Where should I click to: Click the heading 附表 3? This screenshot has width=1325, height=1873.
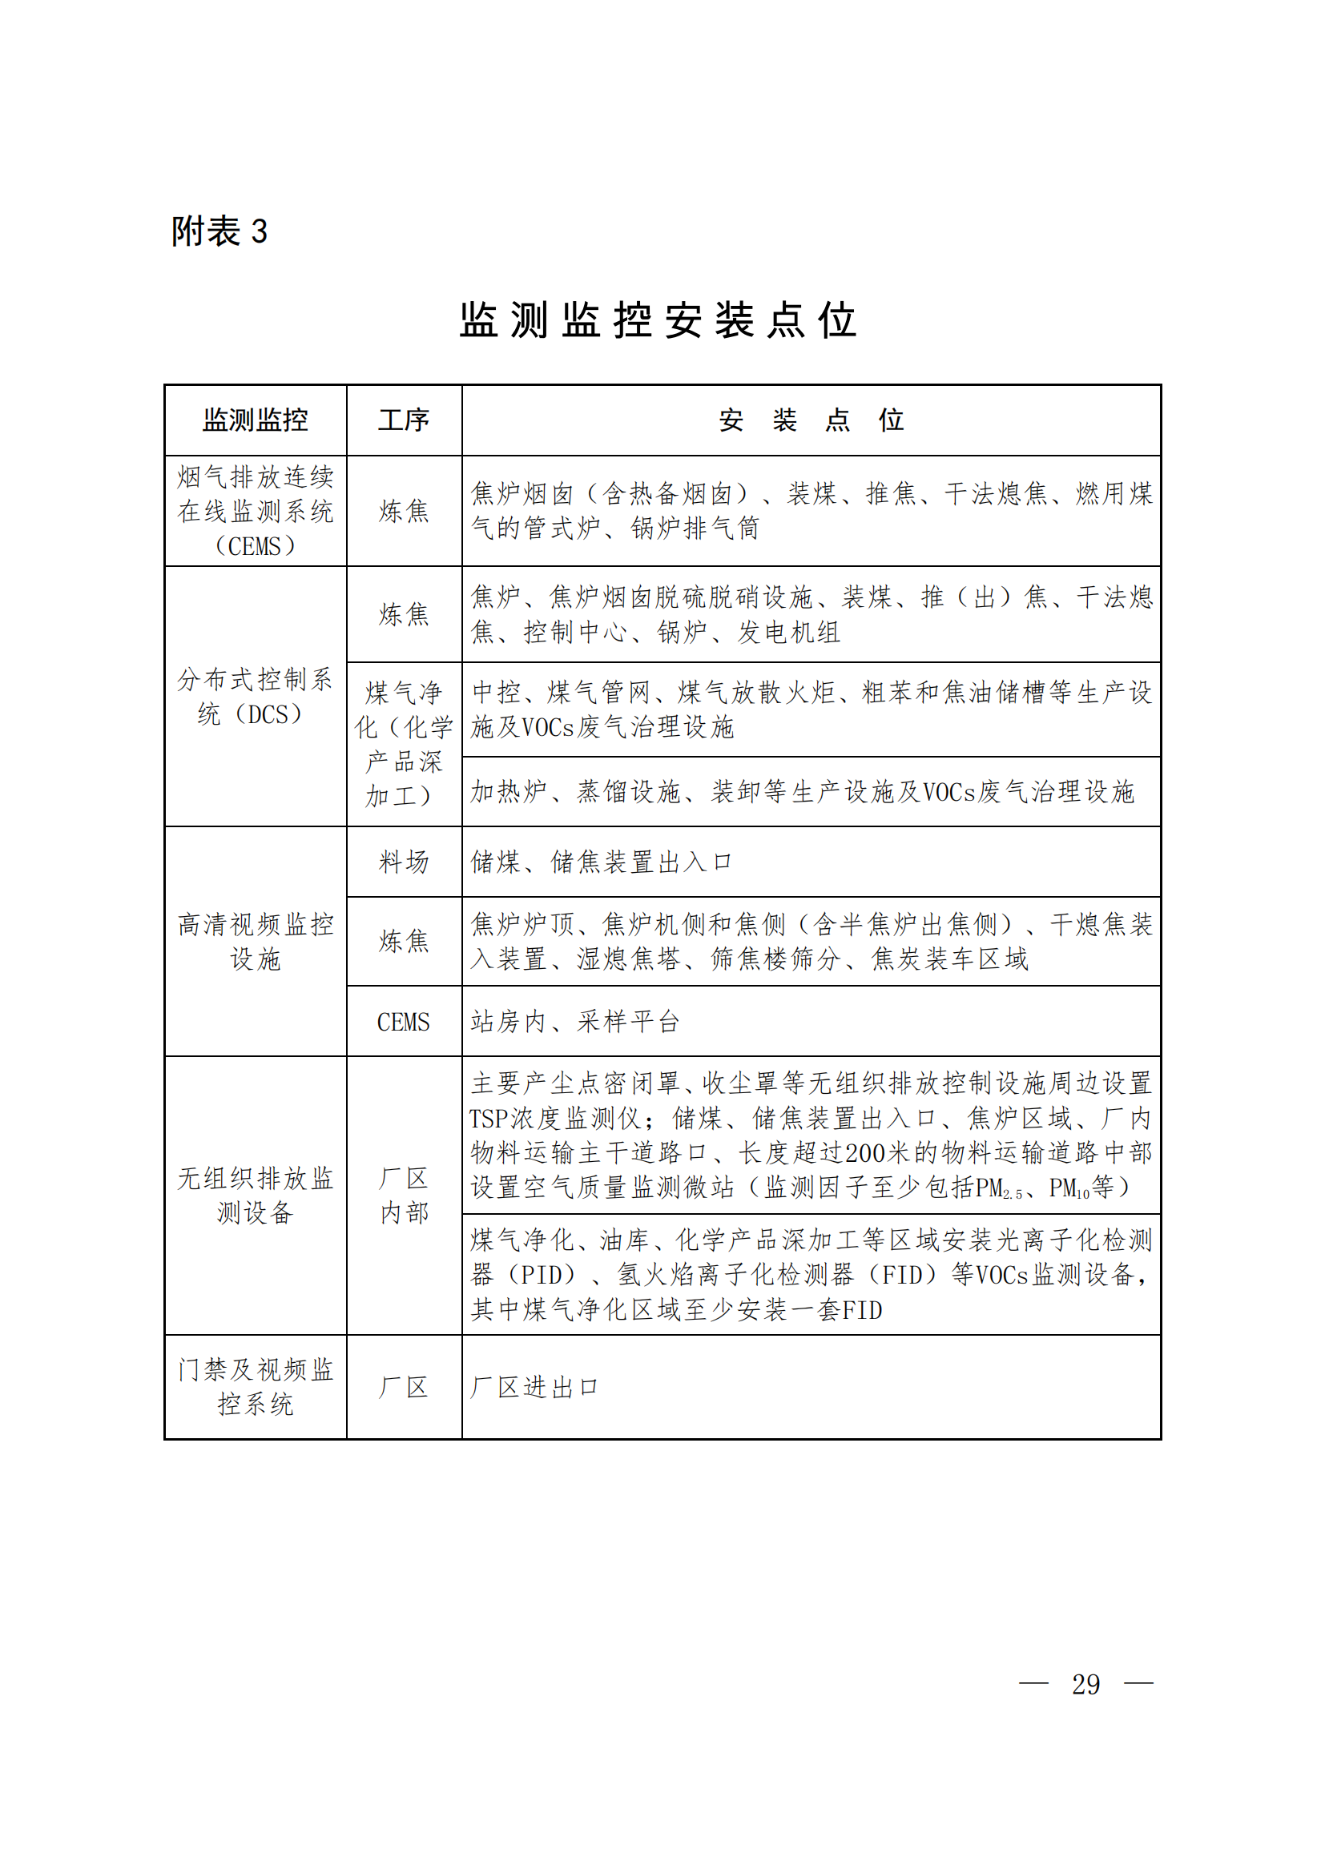click(x=219, y=231)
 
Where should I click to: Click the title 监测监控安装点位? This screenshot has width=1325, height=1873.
click(x=658, y=320)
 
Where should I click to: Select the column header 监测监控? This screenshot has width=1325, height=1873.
click(x=256, y=420)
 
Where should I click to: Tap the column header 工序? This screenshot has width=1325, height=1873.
click(x=404, y=420)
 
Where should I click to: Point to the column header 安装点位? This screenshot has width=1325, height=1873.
click(x=811, y=420)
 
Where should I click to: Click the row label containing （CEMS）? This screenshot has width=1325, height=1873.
click(x=256, y=512)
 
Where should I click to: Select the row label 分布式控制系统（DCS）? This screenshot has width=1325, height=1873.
click(x=256, y=697)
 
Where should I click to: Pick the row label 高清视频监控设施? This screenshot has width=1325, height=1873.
click(x=256, y=942)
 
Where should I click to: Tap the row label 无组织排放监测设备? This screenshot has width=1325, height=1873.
click(x=256, y=1195)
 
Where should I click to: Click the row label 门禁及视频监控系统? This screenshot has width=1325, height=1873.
click(x=256, y=1387)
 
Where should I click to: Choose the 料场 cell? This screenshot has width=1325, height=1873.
click(x=404, y=862)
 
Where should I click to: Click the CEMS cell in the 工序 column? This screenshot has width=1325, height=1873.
click(x=404, y=1022)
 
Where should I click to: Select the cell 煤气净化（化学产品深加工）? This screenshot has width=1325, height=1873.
click(x=404, y=744)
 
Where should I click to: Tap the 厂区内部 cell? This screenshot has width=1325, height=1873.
click(x=404, y=1195)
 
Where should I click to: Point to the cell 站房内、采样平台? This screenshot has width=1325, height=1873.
click(x=575, y=1022)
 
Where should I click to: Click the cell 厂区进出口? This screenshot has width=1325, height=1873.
click(x=534, y=1387)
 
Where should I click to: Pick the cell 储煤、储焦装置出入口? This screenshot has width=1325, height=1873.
click(x=602, y=862)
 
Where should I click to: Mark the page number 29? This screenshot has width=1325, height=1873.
click(x=1085, y=1685)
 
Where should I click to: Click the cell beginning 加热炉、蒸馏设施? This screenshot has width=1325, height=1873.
click(x=802, y=792)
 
